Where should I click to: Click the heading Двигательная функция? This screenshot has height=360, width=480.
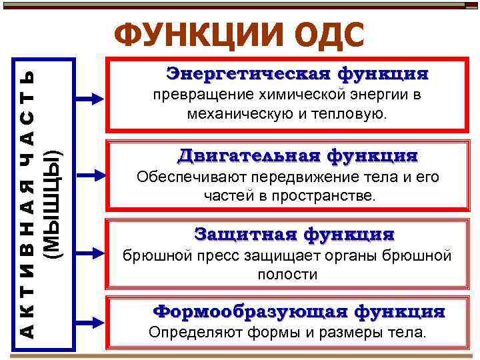(297, 156)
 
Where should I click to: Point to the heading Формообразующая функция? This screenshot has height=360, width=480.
(299, 311)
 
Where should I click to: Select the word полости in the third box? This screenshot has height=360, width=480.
(287, 275)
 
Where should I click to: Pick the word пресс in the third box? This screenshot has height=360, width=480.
(217, 256)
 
